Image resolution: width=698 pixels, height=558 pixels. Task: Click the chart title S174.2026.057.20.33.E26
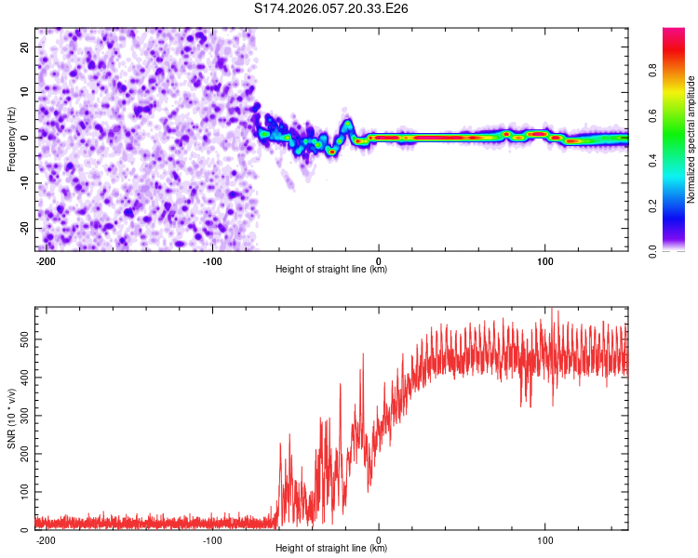click(332, 8)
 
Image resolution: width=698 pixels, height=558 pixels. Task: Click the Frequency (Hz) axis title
click(11, 139)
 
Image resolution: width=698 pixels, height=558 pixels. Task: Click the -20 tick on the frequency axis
click(24, 228)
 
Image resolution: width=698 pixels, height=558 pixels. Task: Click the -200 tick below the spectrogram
click(46, 259)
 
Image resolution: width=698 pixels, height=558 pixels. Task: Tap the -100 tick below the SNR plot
click(212, 538)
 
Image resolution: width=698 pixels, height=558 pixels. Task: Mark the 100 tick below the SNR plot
click(544, 538)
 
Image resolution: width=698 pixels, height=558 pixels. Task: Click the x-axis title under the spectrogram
click(331, 270)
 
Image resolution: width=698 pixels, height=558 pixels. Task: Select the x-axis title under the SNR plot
click(331, 549)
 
